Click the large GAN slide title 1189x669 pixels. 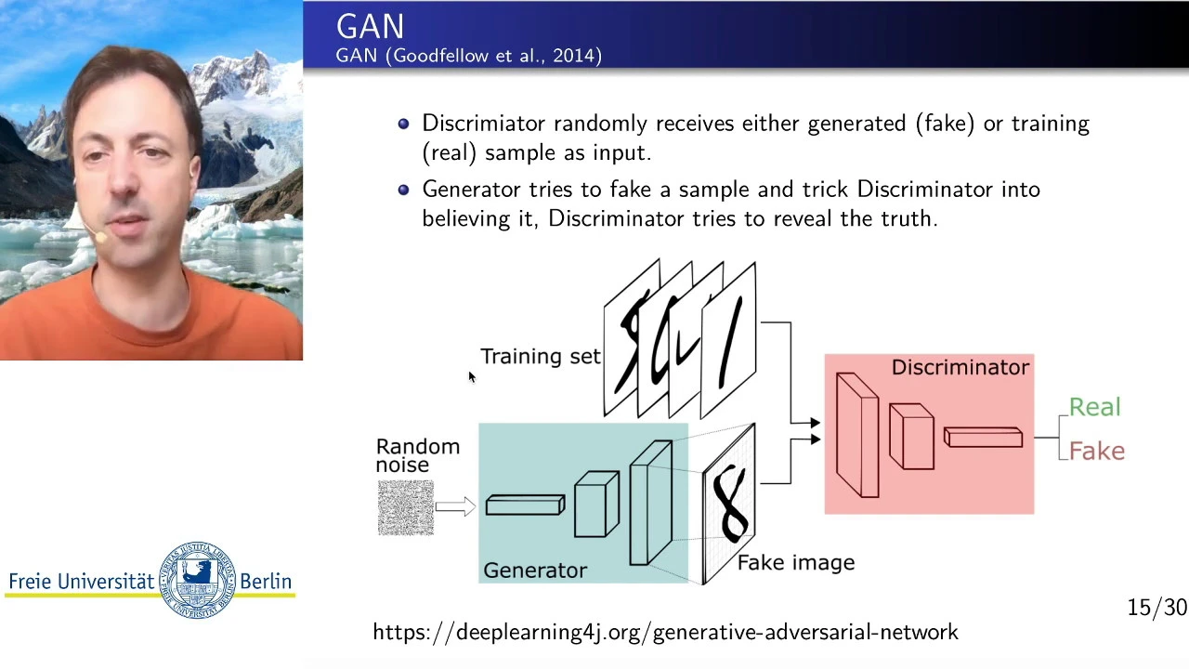tap(370, 27)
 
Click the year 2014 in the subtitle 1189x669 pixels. tap(574, 55)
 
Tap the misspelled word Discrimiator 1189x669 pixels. tap(484, 124)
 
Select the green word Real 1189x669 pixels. tap(1094, 407)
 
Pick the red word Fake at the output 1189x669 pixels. tap(1097, 452)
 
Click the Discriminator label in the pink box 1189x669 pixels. tap(960, 367)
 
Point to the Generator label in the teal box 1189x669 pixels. tap(535, 571)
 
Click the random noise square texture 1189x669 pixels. tap(406, 507)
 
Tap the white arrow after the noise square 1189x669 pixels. tap(455, 506)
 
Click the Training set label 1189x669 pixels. tap(541, 356)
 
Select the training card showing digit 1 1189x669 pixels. tap(728, 341)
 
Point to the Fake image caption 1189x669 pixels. tap(796, 563)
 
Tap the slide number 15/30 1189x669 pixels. tap(1157, 608)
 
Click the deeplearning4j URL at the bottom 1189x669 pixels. tap(666, 632)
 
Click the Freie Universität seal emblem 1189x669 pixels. tap(197, 580)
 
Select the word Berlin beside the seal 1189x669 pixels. tap(266, 582)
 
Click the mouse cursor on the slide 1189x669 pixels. tap(472, 377)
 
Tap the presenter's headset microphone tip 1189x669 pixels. tap(100, 237)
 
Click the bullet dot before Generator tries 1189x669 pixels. tap(403, 190)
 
